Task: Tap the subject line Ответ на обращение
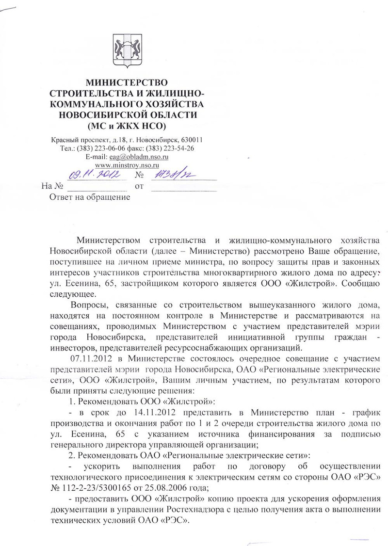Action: pos(90,197)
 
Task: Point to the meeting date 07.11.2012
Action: pos(91,357)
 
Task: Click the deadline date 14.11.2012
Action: pos(153,413)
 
